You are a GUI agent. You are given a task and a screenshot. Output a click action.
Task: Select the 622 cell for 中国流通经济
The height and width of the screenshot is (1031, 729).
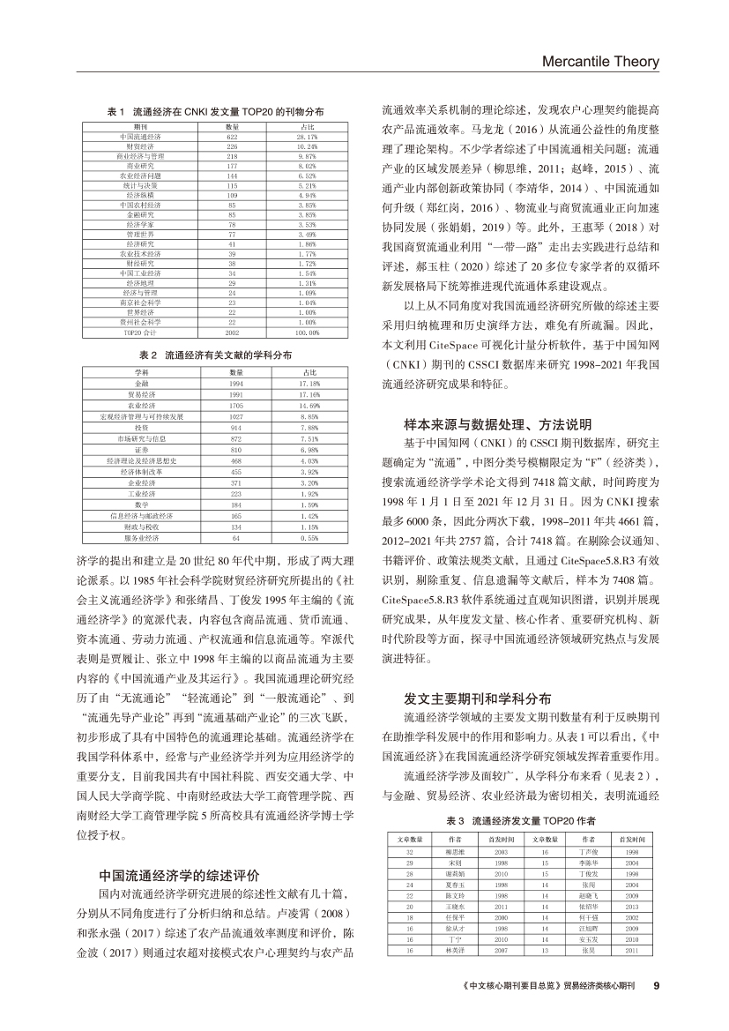[x=208, y=138]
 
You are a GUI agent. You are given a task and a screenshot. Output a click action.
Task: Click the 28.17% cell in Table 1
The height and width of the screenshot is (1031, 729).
[x=306, y=138]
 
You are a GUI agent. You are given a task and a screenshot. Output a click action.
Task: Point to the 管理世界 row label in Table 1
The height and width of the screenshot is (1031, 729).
[x=140, y=235]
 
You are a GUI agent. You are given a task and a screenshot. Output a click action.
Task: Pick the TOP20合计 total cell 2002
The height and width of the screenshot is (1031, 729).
[x=208, y=333]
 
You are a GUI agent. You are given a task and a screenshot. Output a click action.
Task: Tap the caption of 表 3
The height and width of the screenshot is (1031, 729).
[x=519, y=822]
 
